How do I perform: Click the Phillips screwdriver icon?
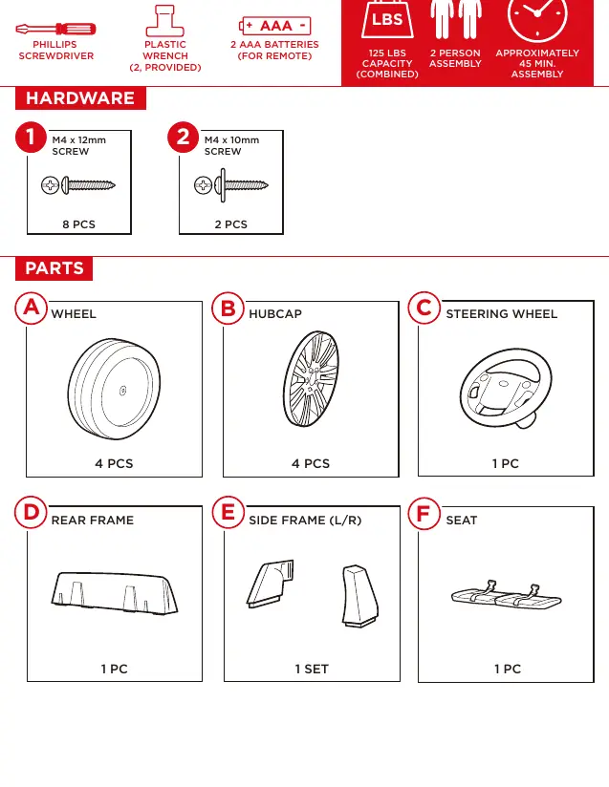(55, 29)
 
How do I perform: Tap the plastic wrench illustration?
(164, 21)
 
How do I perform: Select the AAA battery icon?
(274, 26)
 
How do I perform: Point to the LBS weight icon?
(387, 19)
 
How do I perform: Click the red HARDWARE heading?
(80, 97)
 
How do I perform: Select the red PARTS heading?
(54, 268)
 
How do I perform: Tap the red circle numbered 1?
(31, 137)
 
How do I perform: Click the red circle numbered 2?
(183, 137)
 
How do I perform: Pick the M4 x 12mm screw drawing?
(78, 185)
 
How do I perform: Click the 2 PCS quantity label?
(231, 224)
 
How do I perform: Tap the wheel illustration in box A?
(114, 389)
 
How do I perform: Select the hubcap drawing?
(311, 379)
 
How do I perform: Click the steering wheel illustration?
(506, 388)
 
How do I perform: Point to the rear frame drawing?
(115, 592)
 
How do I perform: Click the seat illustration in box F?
(507, 594)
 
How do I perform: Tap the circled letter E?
(228, 513)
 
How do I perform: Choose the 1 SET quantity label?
(312, 670)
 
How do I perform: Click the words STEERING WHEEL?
(502, 313)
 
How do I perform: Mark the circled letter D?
(32, 513)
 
